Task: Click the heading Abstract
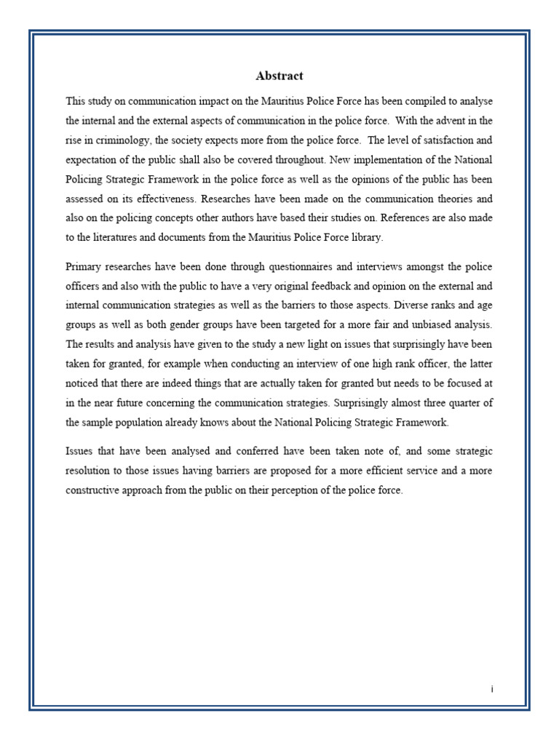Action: pyautogui.click(x=279, y=76)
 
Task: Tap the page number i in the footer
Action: pyautogui.click(x=492, y=689)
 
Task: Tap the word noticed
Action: pyautogui.click(x=83, y=381)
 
